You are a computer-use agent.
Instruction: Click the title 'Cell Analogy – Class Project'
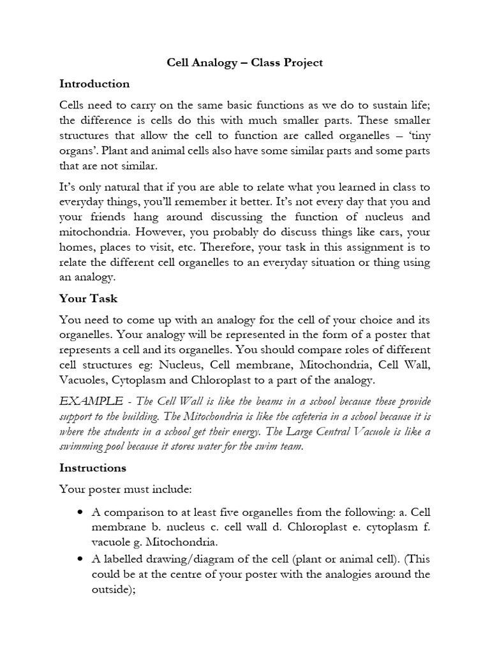245,62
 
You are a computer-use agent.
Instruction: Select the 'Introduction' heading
94,84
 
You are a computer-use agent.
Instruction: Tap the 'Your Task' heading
88,298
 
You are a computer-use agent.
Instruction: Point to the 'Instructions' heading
93,467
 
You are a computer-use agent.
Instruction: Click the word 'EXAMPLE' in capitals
91,401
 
